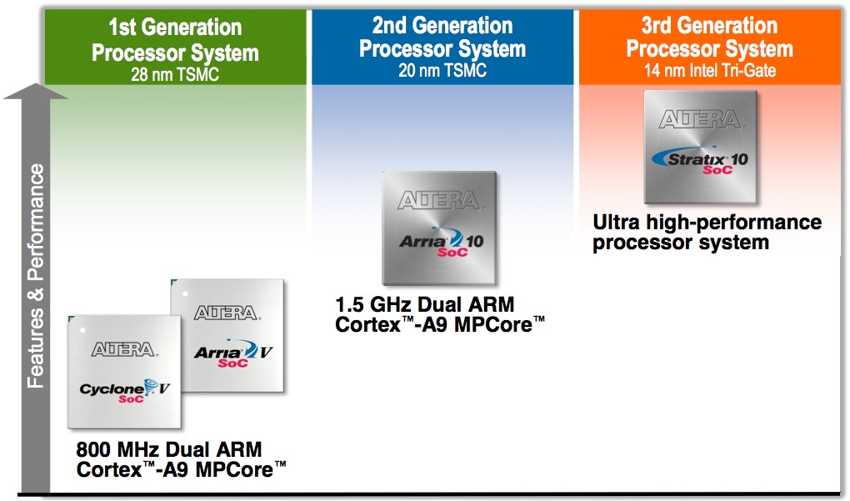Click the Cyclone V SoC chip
(x=124, y=372)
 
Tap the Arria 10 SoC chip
(x=439, y=228)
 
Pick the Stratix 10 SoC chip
(x=700, y=147)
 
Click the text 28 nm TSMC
(x=175, y=74)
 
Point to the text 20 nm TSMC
(x=442, y=70)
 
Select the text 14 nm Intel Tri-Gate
(x=710, y=70)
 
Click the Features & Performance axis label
(x=36, y=275)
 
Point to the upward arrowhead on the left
(x=36, y=91)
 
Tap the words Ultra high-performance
(x=707, y=223)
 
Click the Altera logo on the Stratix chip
(x=700, y=119)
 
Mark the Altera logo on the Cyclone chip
(x=124, y=349)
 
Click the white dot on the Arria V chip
(x=185, y=294)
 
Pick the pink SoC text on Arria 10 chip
(x=452, y=252)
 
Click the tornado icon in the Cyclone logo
(x=151, y=386)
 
